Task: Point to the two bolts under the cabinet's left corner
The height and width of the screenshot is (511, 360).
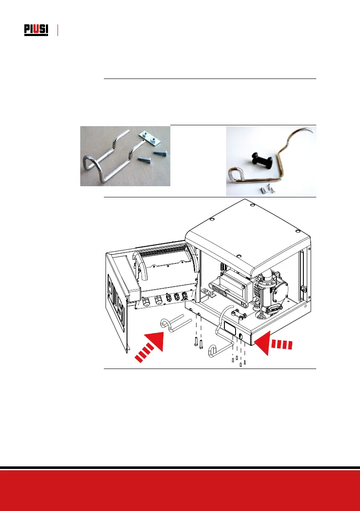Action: [x=198, y=343]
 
